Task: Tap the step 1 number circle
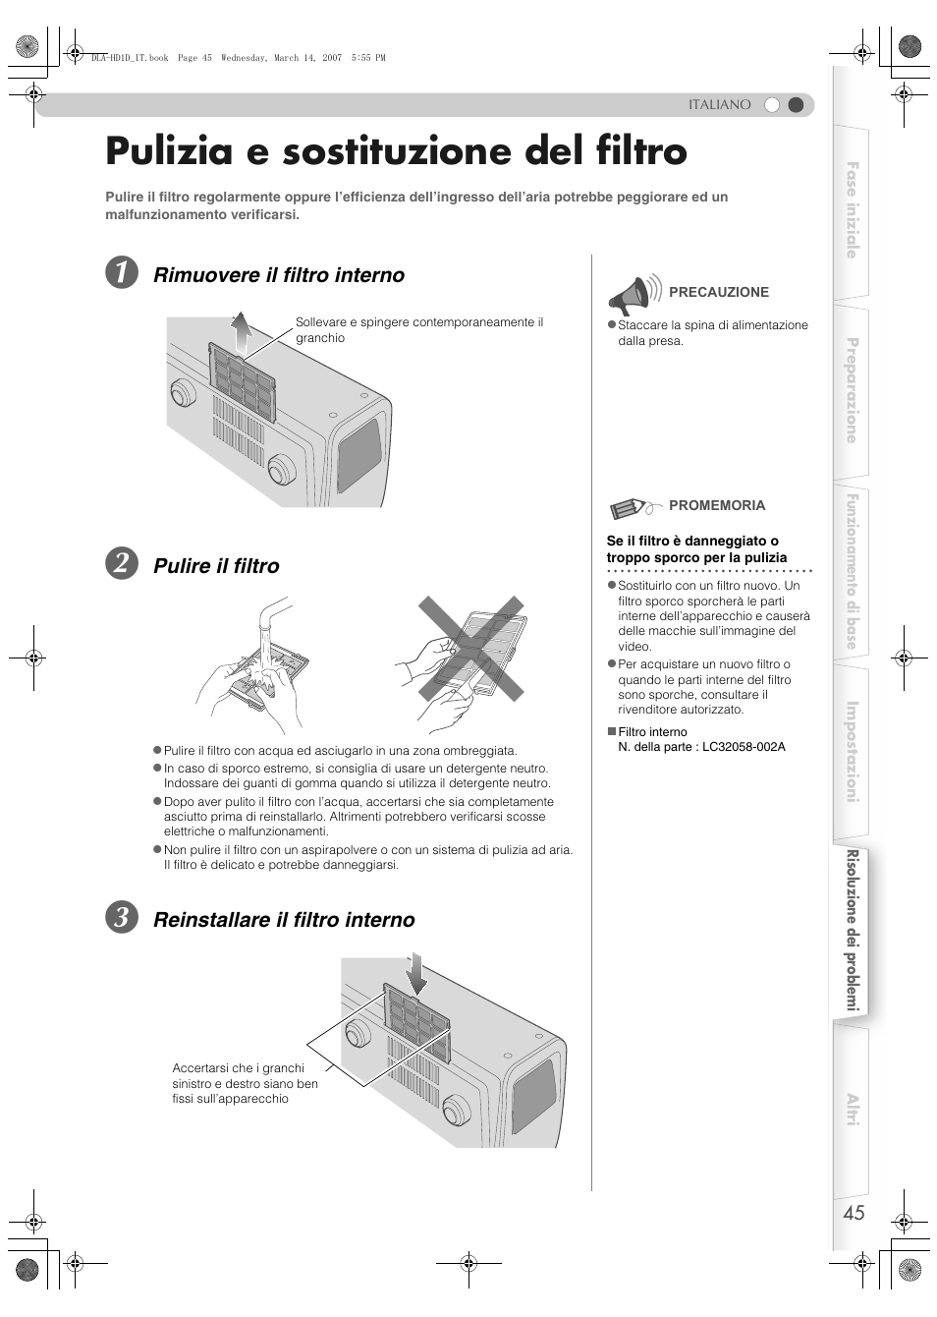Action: coord(122,274)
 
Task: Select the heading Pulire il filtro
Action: coord(216,566)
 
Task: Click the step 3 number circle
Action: coord(122,919)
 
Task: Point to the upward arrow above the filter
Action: coord(242,332)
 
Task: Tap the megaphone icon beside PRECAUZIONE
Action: coord(632,295)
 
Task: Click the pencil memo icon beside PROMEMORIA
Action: coord(631,507)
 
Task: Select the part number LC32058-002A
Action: coord(744,747)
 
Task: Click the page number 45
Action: coord(854,1213)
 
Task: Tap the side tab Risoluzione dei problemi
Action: coord(853,930)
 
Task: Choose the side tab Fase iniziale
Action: coord(852,210)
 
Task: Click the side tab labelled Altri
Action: coord(852,1110)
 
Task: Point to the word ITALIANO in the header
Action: coord(719,105)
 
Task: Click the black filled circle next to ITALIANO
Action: coord(797,105)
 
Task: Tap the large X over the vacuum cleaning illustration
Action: coord(471,649)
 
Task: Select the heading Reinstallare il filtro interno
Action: coord(284,920)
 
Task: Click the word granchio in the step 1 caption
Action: coord(320,338)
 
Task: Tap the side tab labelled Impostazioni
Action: coord(852,752)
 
